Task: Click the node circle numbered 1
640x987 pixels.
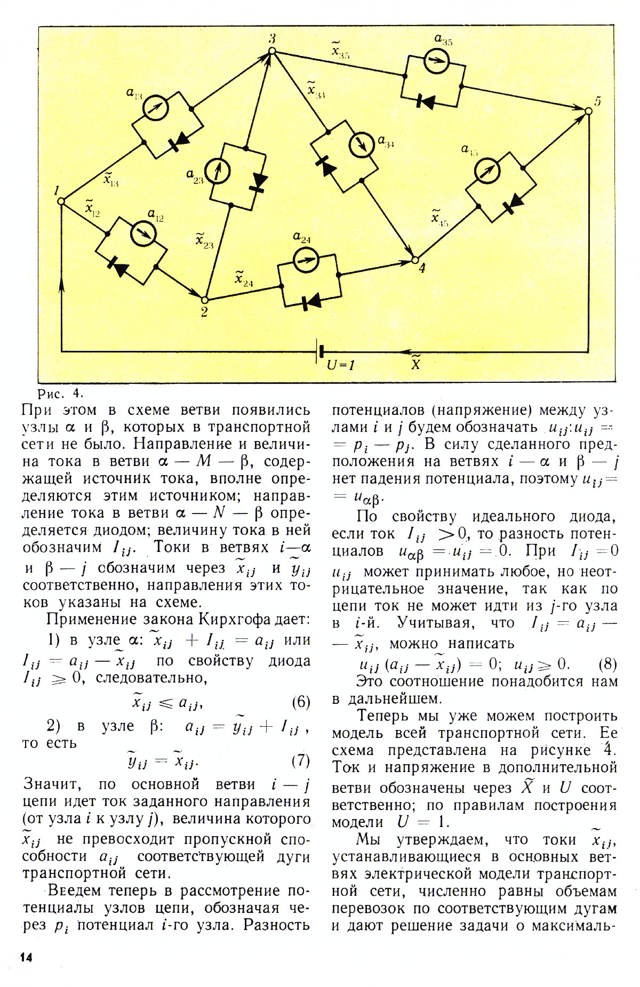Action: pos(61,201)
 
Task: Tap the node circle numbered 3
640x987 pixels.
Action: pos(271,51)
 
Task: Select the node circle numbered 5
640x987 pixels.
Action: pos(588,111)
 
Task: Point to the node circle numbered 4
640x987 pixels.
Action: pos(414,260)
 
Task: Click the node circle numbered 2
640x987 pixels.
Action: pos(203,299)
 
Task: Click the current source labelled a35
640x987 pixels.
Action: pos(436,62)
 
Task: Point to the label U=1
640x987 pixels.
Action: pos(341,366)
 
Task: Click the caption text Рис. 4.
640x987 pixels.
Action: pos(62,394)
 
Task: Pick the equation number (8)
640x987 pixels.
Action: pos(607,664)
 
